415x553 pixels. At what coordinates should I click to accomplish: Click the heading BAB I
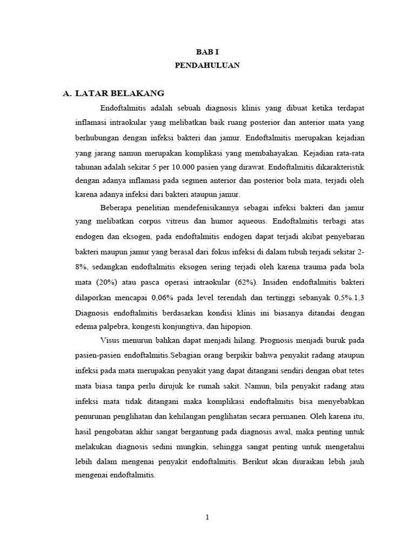[x=207, y=51]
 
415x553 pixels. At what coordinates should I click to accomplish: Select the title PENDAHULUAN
[x=207, y=65]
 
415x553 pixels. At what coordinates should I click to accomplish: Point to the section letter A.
[x=67, y=93]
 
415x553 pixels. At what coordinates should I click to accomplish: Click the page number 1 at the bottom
[x=207, y=517]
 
